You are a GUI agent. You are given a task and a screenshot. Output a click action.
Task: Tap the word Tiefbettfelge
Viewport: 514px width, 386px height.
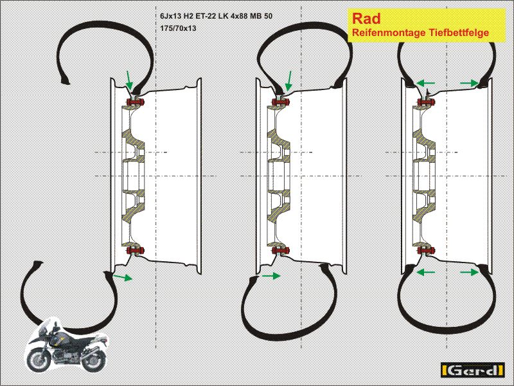point(454,33)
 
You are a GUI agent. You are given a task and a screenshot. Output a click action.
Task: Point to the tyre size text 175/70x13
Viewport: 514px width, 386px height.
point(178,28)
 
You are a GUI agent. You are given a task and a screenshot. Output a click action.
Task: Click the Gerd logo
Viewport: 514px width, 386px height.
point(472,371)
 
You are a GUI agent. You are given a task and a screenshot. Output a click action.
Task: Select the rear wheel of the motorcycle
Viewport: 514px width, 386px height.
point(93,360)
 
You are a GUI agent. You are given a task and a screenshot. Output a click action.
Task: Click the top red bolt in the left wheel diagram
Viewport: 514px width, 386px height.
point(136,102)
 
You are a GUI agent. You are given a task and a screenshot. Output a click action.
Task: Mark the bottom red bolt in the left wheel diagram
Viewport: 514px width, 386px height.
point(136,251)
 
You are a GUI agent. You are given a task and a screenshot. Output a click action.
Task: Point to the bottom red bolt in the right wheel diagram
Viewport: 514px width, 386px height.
point(426,251)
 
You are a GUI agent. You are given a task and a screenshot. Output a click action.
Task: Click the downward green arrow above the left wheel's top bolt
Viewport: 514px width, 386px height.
point(130,80)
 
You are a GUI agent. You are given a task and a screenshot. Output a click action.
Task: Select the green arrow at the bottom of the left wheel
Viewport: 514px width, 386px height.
point(123,278)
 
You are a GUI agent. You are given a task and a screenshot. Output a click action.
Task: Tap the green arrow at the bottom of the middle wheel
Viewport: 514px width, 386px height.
point(271,275)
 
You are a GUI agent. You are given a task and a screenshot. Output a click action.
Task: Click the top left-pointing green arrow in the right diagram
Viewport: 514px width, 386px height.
point(425,83)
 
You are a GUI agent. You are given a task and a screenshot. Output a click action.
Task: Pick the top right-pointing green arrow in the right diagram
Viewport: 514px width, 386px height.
point(469,83)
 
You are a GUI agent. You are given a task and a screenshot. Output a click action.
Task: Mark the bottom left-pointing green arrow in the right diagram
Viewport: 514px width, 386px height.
point(425,271)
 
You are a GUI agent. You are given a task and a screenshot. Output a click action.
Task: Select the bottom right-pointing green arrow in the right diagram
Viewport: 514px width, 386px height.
point(469,271)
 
